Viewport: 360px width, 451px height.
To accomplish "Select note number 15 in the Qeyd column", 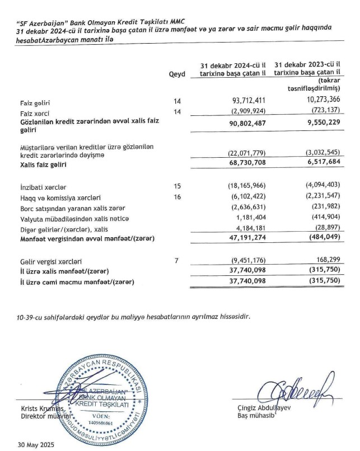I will (178, 184).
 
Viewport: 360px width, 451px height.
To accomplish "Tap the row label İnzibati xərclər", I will (41, 184).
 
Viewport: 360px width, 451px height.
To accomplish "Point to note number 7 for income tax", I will (178, 261).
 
